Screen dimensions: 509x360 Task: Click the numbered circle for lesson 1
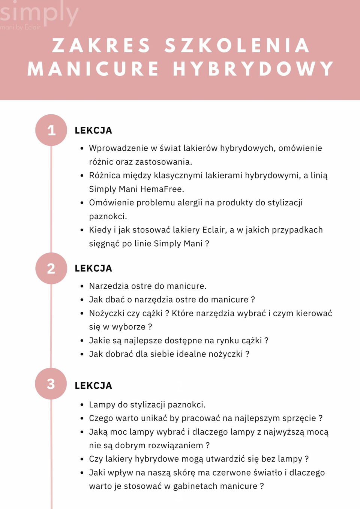click(x=51, y=130)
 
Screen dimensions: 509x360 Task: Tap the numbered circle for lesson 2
click(x=51, y=268)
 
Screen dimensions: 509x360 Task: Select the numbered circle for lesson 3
click(x=51, y=384)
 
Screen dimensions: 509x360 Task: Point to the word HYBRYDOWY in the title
click(x=253, y=69)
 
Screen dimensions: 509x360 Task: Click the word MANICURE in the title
click(x=93, y=69)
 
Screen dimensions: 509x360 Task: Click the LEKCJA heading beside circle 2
click(x=93, y=268)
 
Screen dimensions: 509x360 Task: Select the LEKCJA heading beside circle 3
click(x=93, y=386)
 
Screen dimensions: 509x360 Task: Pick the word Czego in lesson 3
click(x=101, y=418)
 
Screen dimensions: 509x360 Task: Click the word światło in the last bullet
click(x=267, y=473)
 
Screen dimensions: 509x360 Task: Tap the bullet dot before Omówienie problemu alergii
click(x=82, y=203)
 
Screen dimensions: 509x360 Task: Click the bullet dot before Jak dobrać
click(x=82, y=354)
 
